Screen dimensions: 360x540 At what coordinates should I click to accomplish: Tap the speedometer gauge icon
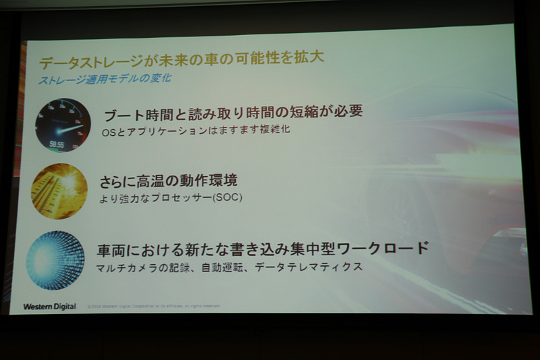tap(63, 125)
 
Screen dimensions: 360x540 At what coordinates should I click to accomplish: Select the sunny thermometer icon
tap(59, 191)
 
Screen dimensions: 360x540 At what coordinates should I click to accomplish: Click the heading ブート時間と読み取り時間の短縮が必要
tap(233, 111)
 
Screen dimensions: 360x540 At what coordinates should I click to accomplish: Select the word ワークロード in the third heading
tap(389, 247)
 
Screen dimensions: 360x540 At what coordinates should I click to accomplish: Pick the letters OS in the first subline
tap(108, 130)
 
